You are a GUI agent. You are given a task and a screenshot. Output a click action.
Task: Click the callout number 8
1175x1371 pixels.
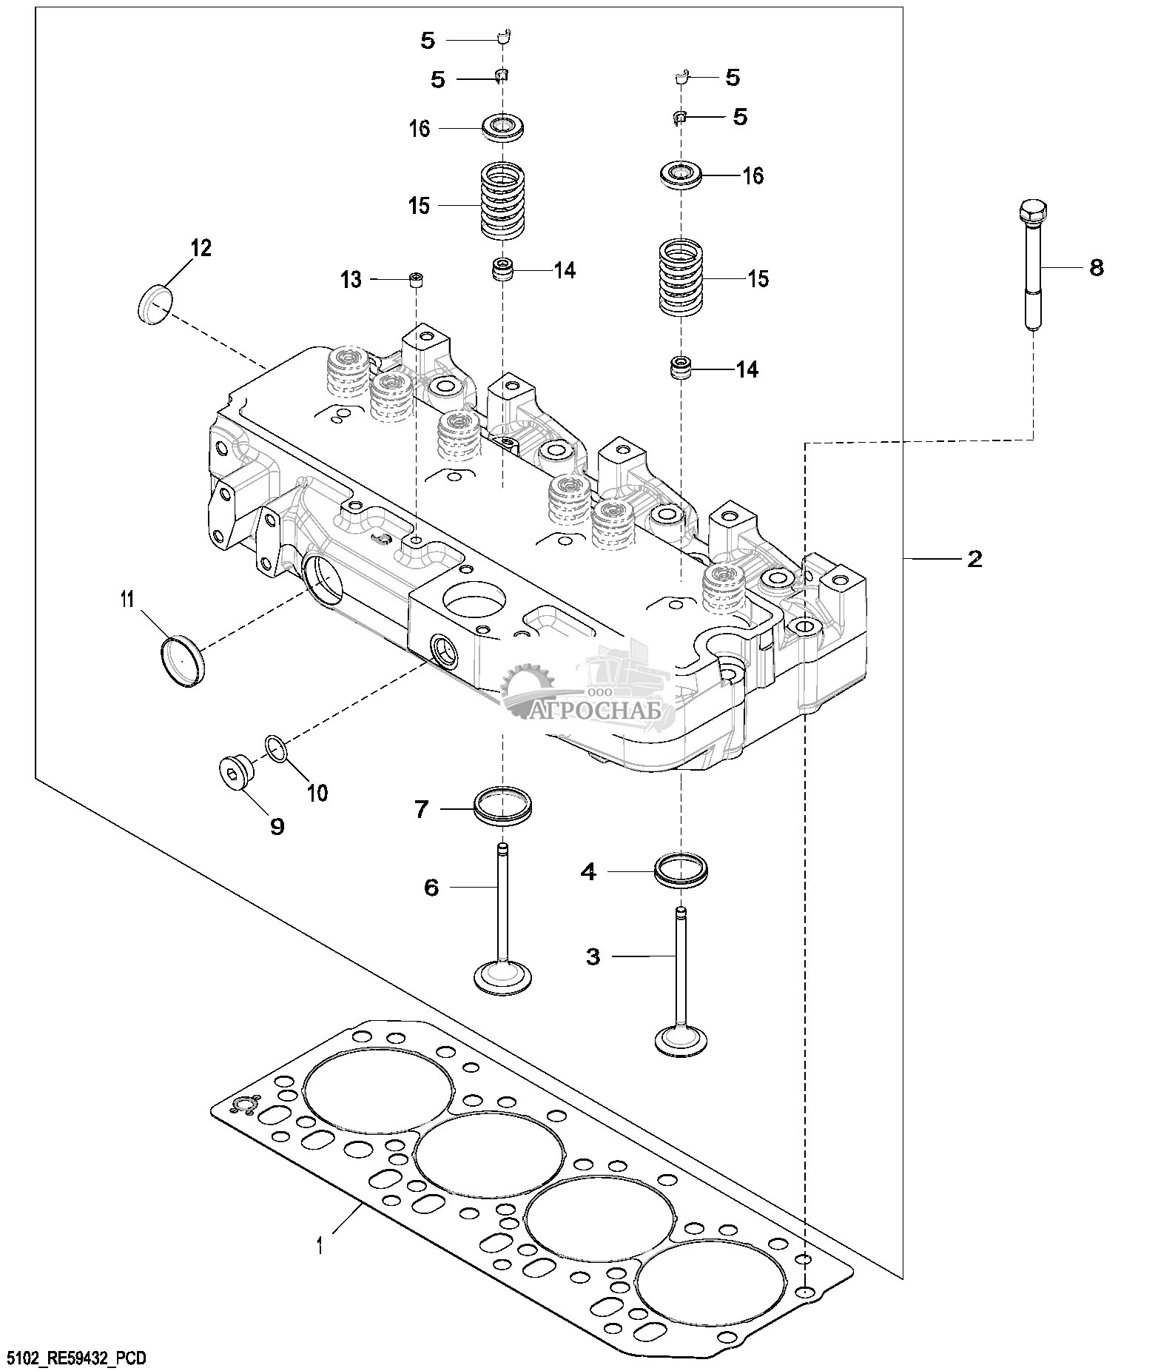tap(1097, 267)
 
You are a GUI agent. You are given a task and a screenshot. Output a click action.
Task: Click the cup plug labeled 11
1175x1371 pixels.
tap(182, 653)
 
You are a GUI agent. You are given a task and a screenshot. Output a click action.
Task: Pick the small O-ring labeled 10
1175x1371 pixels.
tap(275, 748)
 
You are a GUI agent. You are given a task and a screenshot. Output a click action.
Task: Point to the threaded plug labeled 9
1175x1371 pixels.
tap(236, 774)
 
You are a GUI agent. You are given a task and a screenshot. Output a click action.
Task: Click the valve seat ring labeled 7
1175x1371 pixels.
tap(503, 806)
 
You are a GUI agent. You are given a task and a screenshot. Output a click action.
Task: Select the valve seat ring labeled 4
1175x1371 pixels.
tap(681, 869)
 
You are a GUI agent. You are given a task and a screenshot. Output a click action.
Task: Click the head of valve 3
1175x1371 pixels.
tap(681, 1038)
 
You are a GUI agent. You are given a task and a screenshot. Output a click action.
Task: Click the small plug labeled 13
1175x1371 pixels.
tap(417, 281)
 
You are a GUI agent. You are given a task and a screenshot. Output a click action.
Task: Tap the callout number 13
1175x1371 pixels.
tap(351, 280)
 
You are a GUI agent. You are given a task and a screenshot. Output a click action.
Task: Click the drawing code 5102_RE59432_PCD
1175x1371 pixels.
tap(75, 1358)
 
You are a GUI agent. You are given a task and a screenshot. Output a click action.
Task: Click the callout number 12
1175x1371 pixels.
tap(201, 248)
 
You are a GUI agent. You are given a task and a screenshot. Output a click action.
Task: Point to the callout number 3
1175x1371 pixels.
tap(593, 956)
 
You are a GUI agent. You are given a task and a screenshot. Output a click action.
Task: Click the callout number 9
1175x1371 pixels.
tap(277, 826)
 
